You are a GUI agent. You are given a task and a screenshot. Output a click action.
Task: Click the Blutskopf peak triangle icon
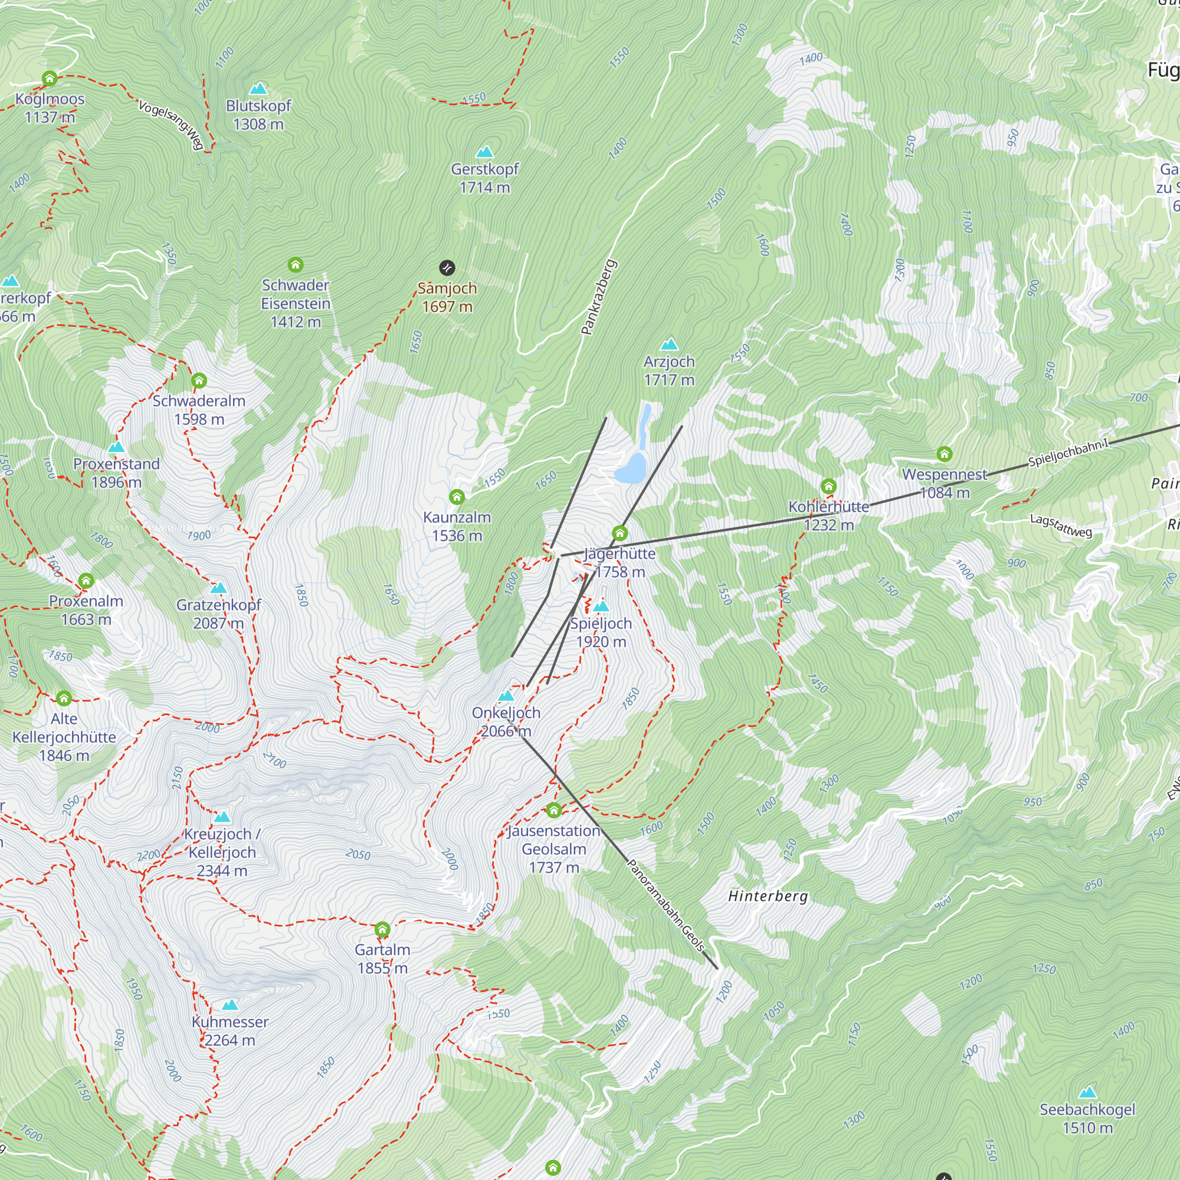coord(258,89)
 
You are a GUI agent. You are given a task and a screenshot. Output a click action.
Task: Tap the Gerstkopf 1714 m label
coord(484,178)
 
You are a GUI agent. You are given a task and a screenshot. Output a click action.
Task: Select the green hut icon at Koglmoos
coord(50,78)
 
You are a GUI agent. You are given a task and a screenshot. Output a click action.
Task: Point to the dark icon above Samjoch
coord(447,267)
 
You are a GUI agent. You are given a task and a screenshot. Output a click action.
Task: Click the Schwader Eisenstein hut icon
coord(296,264)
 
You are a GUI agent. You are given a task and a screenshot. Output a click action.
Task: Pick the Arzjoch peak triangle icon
coord(670,344)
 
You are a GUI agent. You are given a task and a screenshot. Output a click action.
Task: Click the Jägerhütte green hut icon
coord(620,533)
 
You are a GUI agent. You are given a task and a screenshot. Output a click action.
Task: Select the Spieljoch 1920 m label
coord(601,632)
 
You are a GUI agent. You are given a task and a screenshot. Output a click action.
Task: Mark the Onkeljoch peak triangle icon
coord(506,696)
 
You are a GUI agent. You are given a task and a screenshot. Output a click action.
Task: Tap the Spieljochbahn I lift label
coord(1068,453)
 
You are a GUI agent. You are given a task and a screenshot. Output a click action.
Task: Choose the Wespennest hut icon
coord(944,454)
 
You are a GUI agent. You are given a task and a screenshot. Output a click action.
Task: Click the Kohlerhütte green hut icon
coord(828,486)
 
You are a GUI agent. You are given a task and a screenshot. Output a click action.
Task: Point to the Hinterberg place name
coord(768,896)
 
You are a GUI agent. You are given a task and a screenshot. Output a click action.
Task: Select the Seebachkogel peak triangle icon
coord(1087,1093)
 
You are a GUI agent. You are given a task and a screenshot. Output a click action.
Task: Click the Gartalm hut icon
coord(382,930)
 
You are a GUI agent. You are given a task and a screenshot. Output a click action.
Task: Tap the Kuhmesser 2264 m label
coord(230,1030)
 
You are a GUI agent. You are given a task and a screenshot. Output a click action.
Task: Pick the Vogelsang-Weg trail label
coord(171,124)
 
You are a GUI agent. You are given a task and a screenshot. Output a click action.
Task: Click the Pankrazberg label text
coord(598,297)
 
